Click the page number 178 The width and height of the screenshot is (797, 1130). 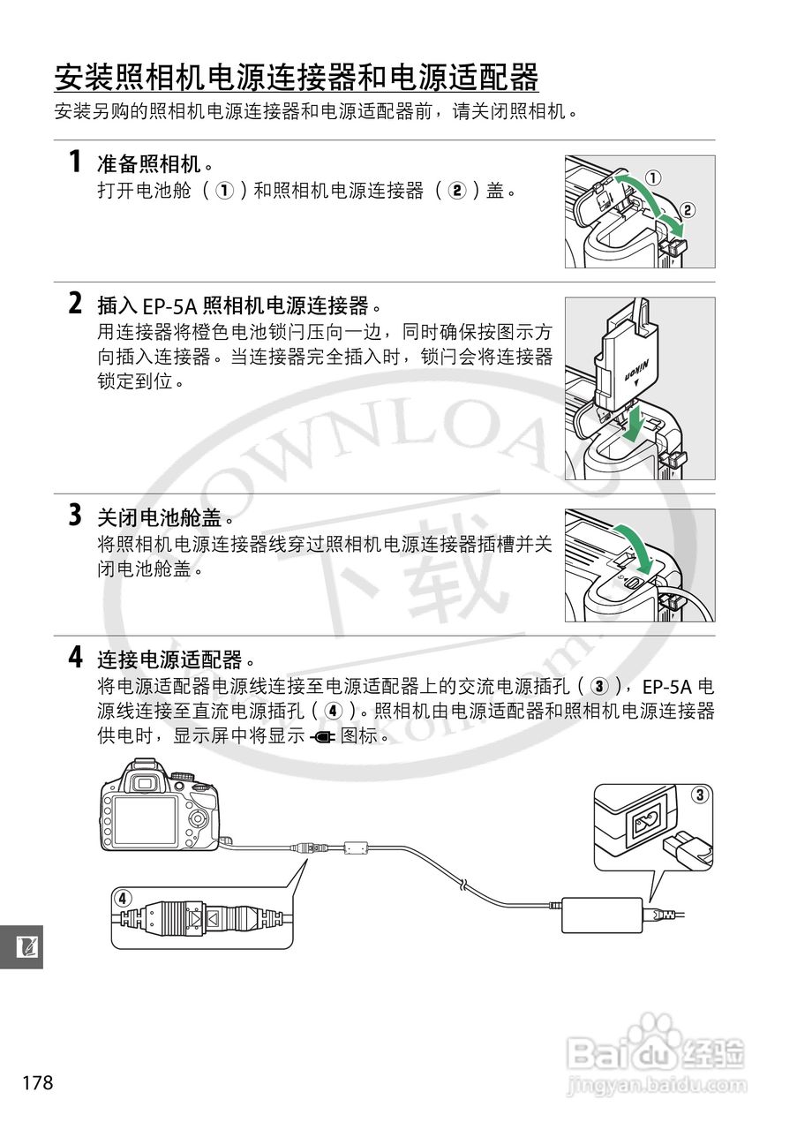[x=38, y=1082]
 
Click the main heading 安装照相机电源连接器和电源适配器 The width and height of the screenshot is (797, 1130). [x=296, y=79]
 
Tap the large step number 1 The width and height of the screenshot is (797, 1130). [x=76, y=163]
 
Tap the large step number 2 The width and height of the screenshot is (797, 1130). [x=76, y=305]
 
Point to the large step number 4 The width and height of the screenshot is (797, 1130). [x=76, y=658]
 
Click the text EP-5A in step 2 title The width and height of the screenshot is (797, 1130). [x=170, y=306]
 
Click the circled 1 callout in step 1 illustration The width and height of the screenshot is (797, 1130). [x=652, y=177]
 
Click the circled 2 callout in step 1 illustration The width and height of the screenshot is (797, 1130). [x=688, y=210]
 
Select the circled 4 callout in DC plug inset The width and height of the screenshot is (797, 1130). [x=123, y=899]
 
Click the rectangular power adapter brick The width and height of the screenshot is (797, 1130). [x=602, y=915]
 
